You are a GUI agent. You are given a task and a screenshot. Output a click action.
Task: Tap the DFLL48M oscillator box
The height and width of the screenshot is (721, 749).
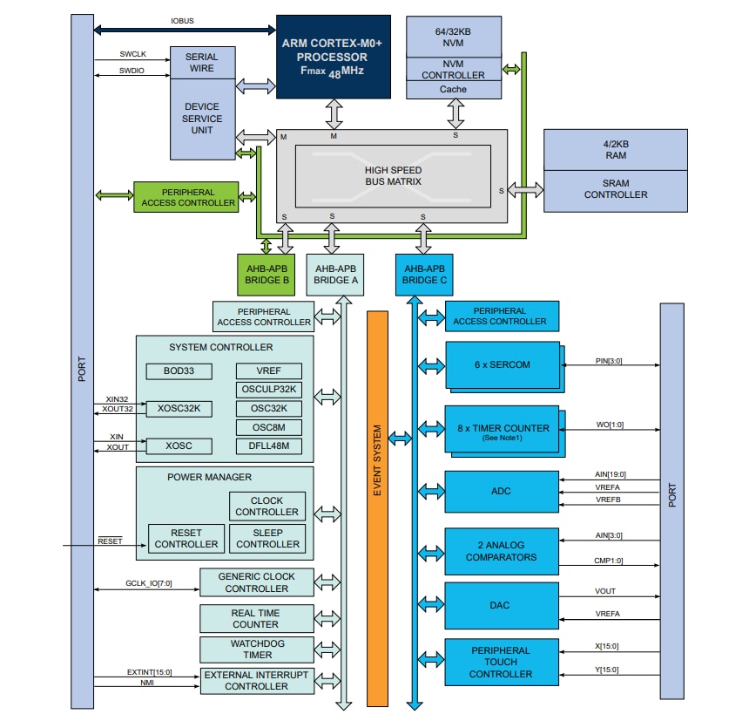pos(268,446)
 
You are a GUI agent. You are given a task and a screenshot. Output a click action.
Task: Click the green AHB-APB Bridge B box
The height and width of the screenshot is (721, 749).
pos(267,275)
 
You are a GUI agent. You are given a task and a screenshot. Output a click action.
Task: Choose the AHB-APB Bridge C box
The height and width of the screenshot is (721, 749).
pos(424,275)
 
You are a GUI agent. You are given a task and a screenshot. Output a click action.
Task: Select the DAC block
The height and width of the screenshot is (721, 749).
pos(500,605)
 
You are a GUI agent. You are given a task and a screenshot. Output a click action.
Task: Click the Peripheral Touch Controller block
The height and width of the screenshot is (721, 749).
pos(500,662)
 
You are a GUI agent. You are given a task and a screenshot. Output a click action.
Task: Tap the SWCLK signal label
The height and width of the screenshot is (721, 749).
pos(133,54)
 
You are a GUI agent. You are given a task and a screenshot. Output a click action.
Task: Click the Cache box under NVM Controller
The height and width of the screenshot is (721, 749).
pos(453,89)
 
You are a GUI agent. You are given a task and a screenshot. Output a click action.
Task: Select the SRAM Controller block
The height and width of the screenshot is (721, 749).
pos(616,189)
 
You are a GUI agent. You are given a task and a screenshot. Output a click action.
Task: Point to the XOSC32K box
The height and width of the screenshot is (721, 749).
pos(178,408)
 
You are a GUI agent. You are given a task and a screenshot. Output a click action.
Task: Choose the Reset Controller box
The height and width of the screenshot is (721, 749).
pos(186,538)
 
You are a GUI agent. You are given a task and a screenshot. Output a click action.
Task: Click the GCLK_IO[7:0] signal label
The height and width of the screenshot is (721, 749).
pos(149,584)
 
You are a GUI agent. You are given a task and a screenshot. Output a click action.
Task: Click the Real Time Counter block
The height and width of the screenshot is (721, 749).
pos(256,618)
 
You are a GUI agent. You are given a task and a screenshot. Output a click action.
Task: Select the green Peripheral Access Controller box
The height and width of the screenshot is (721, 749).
pos(186,197)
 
